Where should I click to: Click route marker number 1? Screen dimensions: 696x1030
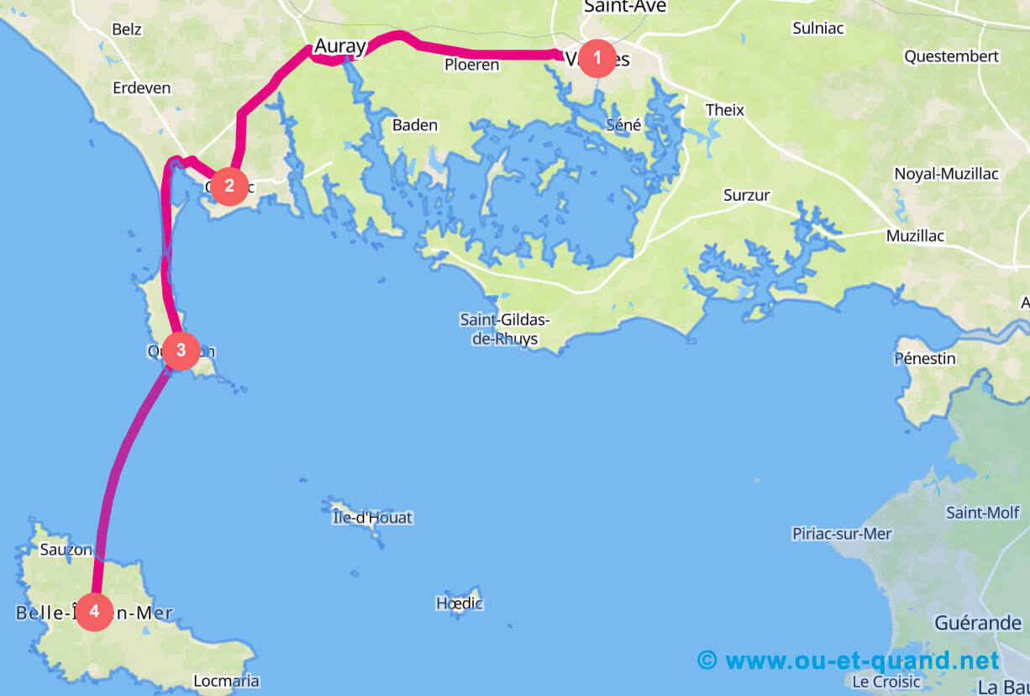click(597, 58)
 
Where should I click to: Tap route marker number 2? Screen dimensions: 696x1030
click(229, 186)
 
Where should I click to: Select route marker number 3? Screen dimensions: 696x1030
click(181, 351)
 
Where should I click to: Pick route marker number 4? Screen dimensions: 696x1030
click(94, 612)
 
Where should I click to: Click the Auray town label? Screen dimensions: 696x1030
click(339, 48)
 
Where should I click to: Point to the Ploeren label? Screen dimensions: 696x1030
click(471, 65)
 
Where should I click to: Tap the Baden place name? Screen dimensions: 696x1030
click(415, 125)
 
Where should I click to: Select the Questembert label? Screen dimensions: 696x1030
click(951, 56)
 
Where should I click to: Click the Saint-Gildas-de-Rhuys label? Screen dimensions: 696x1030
click(504, 330)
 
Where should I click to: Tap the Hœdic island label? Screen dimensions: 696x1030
click(459, 603)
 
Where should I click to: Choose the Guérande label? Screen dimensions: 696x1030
click(978, 623)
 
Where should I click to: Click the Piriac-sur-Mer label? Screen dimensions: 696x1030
click(842, 534)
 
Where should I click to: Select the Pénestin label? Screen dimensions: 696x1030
click(925, 359)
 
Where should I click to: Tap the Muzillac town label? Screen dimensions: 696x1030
click(915, 236)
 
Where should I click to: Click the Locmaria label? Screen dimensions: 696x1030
click(226, 681)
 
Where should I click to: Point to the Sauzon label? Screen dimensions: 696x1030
click(66, 551)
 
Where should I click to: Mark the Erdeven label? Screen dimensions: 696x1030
click(141, 87)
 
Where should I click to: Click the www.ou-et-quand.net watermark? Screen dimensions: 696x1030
click(849, 660)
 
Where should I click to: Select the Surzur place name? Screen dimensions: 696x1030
click(747, 195)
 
